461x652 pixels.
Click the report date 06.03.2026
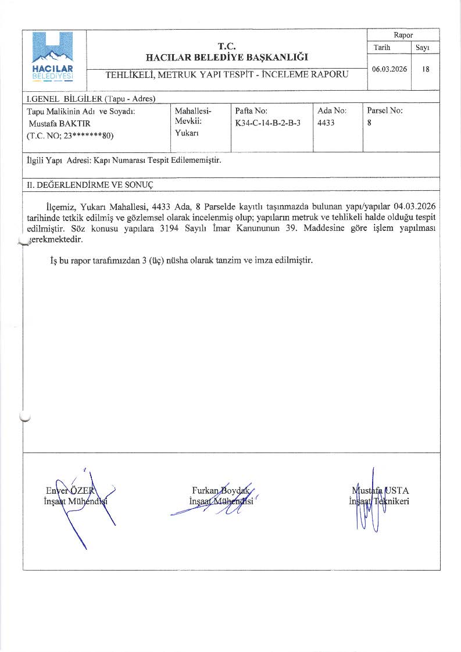389,69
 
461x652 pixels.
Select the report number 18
426,69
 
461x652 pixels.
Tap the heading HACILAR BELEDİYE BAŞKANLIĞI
227,57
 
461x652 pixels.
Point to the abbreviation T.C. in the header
227,46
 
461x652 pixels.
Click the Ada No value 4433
326,123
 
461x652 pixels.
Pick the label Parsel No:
385,110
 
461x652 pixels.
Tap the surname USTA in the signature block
396,490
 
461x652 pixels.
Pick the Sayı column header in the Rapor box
425,48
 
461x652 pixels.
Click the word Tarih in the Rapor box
383,48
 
